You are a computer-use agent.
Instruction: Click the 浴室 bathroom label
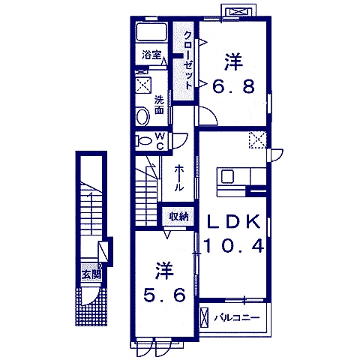point(151,55)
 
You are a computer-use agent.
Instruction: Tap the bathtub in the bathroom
point(151,31)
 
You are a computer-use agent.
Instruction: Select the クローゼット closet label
point(187,61)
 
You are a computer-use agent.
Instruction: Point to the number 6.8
point(233,86)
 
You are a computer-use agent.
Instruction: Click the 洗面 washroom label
point(159,105)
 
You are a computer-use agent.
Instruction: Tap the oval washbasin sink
point(142,115)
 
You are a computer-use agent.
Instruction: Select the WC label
point(160,141)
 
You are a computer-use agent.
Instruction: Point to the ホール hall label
point(179,178)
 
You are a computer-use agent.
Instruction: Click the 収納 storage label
point(178,217)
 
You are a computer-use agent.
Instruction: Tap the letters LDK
point(233,221)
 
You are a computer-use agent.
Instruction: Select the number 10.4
point(234,246)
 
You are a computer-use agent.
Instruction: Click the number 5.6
point(164,295)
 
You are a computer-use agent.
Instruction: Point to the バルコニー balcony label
point(236,318)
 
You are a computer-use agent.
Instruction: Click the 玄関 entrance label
point(91,275)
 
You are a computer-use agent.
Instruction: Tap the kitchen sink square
point(227,176)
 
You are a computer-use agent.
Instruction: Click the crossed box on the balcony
point(205,317)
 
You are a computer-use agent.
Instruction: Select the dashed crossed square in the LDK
point(257,140)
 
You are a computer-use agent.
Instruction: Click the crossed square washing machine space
point(143,85)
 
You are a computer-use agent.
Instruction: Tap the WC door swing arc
point(184,142)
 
